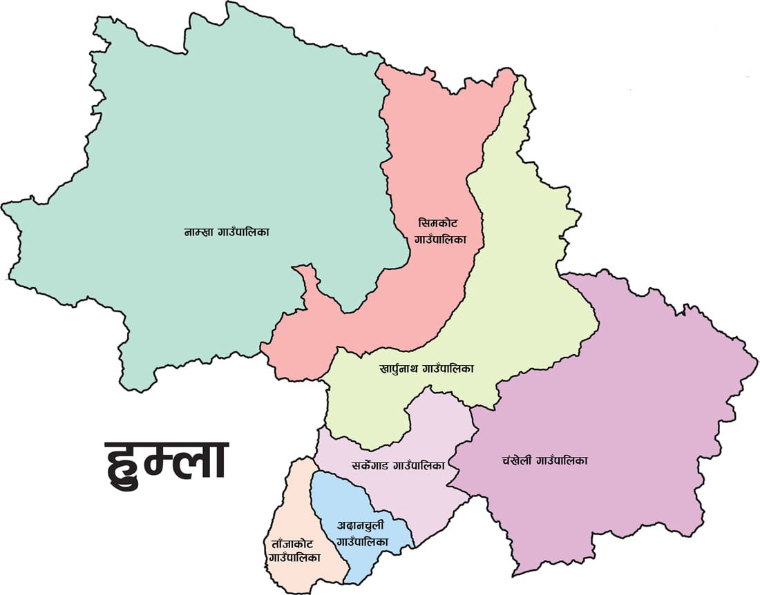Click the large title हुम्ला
click(x=167, y=460)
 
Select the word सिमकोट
click(x=438, y=224)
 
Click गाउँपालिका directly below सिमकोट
click(x=440, y=240)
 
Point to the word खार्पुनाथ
click(x=402, y=369)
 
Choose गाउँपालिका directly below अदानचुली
click(x=361, y=543)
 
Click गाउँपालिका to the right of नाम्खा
click(x=246, y=233)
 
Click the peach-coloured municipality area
click(x=297, y=504)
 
